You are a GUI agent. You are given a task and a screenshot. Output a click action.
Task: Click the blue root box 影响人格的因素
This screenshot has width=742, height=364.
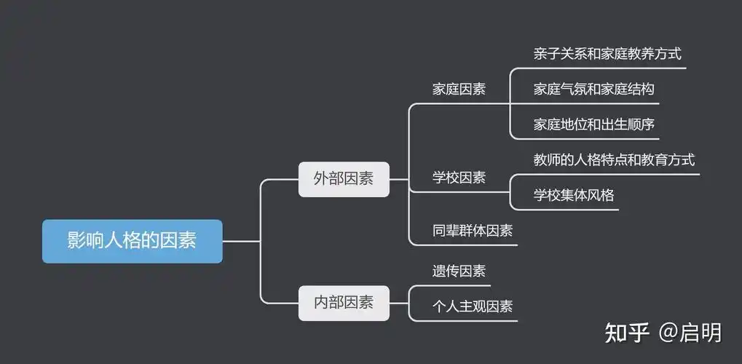click(x=132, y=241)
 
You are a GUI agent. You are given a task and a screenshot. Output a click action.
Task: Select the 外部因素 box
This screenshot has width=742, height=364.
click(x=344, y=179)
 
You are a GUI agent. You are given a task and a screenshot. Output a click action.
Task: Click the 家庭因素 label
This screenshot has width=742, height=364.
click(x=459, y=90)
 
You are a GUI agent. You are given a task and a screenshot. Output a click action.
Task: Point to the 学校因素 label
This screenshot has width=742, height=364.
click(x=459, y=178)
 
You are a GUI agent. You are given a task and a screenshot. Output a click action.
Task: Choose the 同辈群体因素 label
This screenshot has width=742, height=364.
click(x=473, y=231)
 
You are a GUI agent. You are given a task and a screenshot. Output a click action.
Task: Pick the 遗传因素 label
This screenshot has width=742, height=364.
click(x=459, y=272)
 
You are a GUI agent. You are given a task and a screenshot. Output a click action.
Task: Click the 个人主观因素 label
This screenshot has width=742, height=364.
click(x=473, y=306)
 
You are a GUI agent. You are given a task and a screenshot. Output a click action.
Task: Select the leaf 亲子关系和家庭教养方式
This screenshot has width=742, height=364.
click(x=607, y=53)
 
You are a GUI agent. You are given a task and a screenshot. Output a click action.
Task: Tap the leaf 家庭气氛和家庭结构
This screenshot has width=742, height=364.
click(x=593, y=89)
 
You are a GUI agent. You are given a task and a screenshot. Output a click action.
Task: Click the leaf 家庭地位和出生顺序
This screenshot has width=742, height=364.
click(x=593, y=124)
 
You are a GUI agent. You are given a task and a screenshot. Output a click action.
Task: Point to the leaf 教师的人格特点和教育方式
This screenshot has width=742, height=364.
click(x=614, y=159)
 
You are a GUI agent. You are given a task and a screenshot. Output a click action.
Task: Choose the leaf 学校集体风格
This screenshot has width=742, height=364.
click(x=574, y=195)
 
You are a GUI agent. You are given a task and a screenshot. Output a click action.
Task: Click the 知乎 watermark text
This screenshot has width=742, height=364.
click(x=627, y=333)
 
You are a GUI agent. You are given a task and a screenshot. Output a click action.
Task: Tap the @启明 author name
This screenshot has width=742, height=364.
click(x=690, y=333)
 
